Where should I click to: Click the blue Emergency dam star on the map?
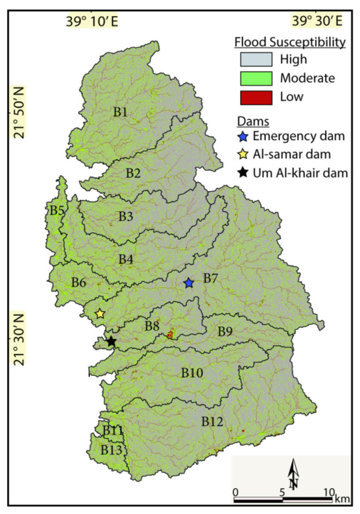(188, 283)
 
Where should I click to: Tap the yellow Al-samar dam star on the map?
(100, 314)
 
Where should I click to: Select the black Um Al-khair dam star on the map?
(111, 342)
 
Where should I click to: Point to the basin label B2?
(134, 172)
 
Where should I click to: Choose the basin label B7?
(210, 279)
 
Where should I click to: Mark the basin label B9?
(225, 331)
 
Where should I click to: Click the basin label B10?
(192, 373)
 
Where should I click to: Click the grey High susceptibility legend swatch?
(256, 59)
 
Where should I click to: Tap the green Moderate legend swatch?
(256, 77)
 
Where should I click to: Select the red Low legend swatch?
(256, 96)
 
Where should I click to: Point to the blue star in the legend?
(244, 137)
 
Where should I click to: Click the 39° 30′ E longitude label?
(316, 21)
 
